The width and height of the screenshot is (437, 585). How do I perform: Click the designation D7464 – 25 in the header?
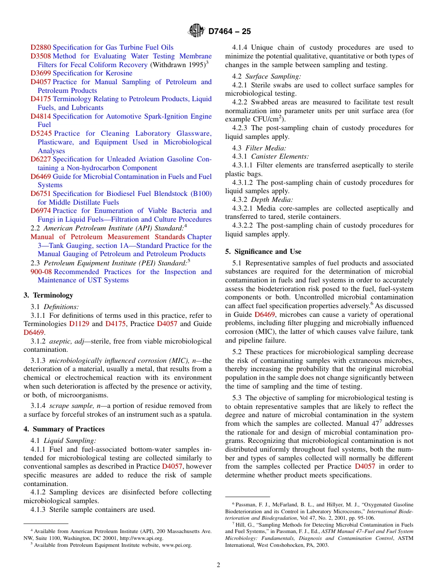pos(230,32)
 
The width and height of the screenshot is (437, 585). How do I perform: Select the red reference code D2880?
pos(40,47)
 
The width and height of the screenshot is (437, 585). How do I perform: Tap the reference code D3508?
pos(40,56)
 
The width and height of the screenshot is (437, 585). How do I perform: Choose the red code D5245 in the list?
pos(40,133)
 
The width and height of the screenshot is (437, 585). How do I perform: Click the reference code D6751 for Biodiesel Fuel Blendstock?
pos(40,194)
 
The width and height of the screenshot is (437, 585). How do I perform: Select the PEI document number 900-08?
pos(41,272)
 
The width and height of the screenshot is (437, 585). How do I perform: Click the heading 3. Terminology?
pos(48,295)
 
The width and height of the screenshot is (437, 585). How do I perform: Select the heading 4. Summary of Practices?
pos(64,429)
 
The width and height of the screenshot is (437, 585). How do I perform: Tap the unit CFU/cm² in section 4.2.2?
pos(266,120)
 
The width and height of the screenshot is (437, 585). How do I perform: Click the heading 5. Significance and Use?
pos(263,252)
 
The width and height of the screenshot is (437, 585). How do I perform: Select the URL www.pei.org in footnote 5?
pos(176,545)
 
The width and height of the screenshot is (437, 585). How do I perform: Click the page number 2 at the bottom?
pos(218,565)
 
